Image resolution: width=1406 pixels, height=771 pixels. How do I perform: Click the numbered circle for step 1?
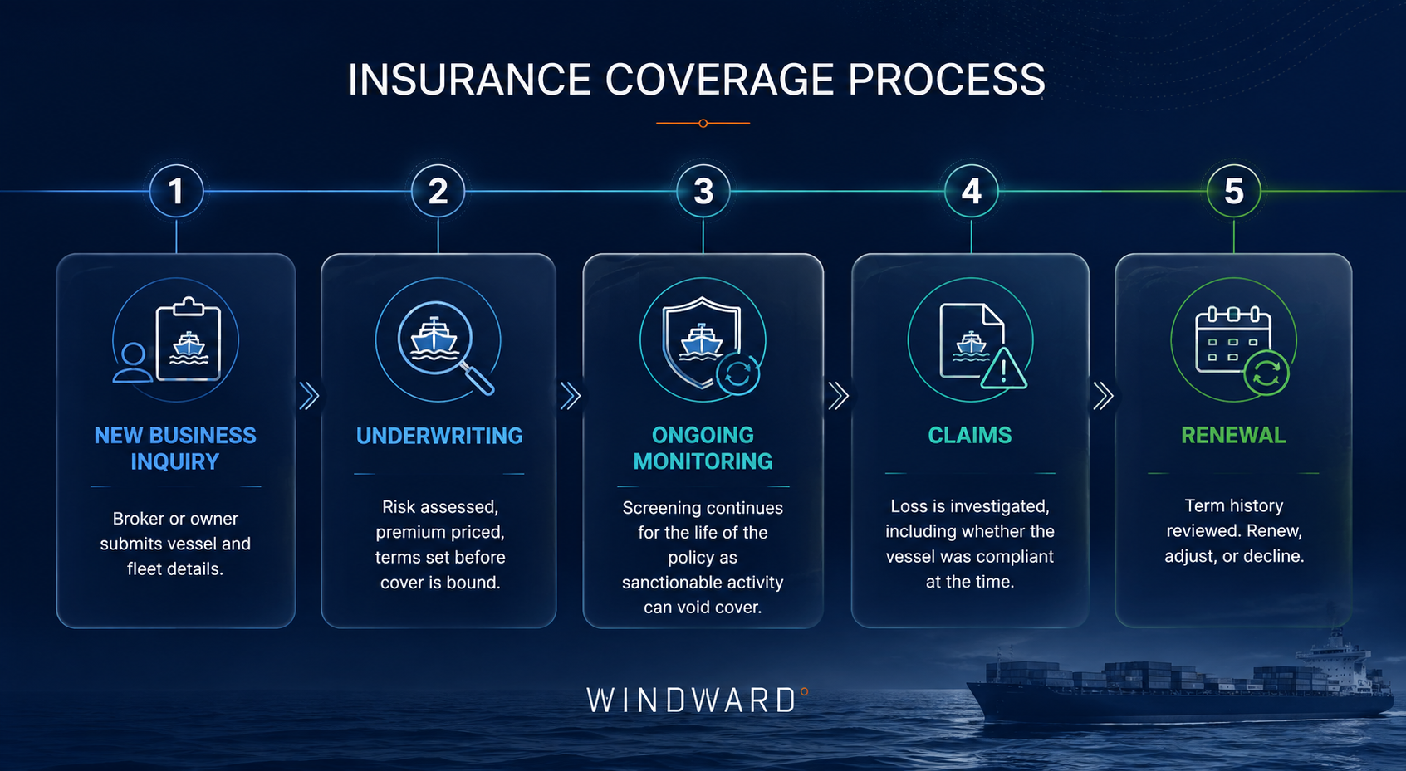click(176, 191)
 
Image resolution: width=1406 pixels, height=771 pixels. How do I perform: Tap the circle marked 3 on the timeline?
click(703, 191)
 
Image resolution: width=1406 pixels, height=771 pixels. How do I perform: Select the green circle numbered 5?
click(1233, 191)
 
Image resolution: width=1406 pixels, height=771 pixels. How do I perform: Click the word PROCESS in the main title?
click(946, 80)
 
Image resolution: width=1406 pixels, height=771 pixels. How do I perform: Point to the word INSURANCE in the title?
click(469, 80)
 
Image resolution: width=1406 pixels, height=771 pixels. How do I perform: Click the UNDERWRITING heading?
click(439, 436)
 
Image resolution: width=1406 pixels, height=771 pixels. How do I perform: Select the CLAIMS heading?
click(970, 435)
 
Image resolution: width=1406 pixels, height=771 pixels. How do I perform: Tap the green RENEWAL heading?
click(1233, 435)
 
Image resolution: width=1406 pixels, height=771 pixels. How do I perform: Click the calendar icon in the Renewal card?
click(1232, 339)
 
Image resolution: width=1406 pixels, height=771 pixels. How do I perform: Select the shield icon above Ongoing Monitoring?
click(702, 342)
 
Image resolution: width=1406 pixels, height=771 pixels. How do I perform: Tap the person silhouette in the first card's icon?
click(132, 363)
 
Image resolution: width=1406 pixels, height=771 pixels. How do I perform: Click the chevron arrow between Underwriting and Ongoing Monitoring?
click(570, 396)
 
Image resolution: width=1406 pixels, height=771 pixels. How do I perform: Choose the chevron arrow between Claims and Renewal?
click(1103, 396)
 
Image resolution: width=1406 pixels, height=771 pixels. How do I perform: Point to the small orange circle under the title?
click(703, 123)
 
